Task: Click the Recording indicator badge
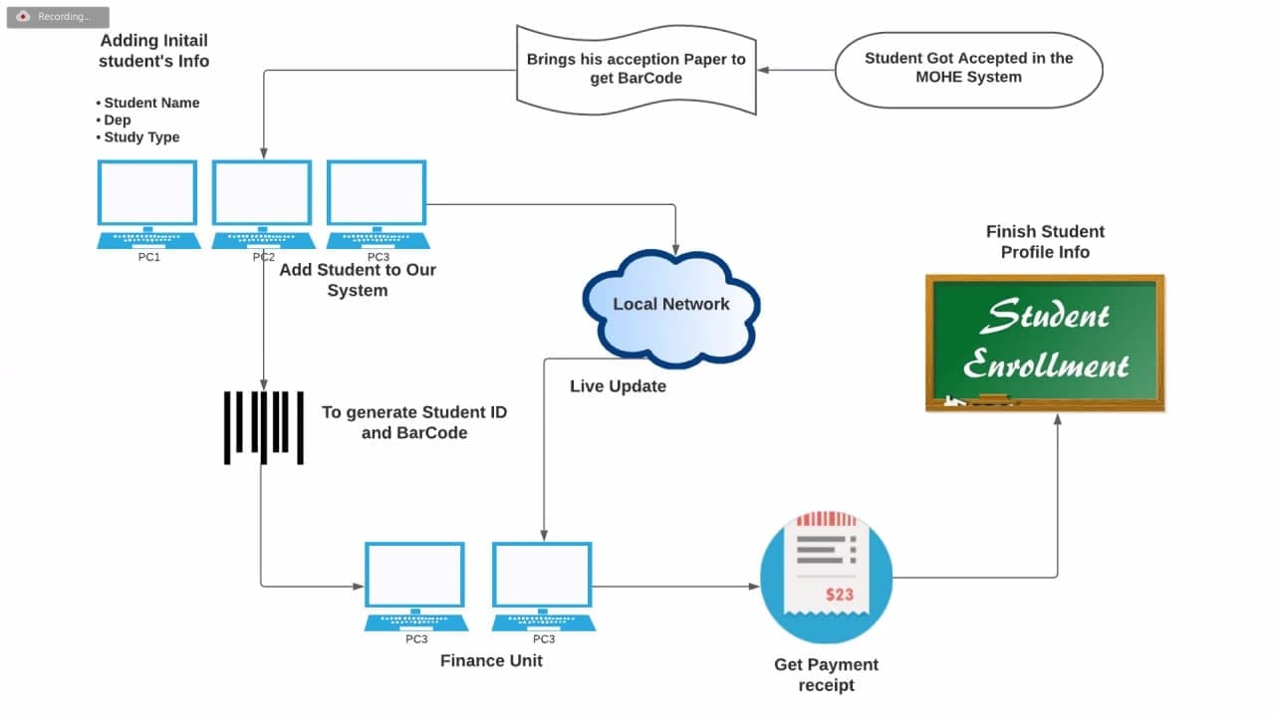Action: [x=58, y=17]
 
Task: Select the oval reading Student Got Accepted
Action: [x=969, y=70]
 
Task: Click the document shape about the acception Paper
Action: [x=637, y=70]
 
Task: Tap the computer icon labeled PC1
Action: [x=148, y=205]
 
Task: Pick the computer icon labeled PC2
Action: [x=263, y=205]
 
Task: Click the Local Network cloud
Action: [x=671, y=308]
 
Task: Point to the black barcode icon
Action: [x=264, y=427]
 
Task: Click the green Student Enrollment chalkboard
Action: [x=1045, y=343]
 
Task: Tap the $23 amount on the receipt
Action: [x=840, y=595]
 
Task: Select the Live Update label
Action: [x=619, y=386]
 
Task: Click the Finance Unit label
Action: [x=491, y=660]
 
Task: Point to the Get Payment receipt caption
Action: [x=826, y=675]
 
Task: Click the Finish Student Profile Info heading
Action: [x=1045, y=242]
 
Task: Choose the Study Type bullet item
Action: [x=137, y=137]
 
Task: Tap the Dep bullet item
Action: [x=114, y=120]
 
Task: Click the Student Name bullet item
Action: [x=148, y=103]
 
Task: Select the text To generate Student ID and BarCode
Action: [x=414, y=422]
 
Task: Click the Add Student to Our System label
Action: [x=358, y=280]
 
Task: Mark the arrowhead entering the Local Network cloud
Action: [x=675, y=250]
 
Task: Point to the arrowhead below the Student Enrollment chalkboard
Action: [x=1058, y=420]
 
